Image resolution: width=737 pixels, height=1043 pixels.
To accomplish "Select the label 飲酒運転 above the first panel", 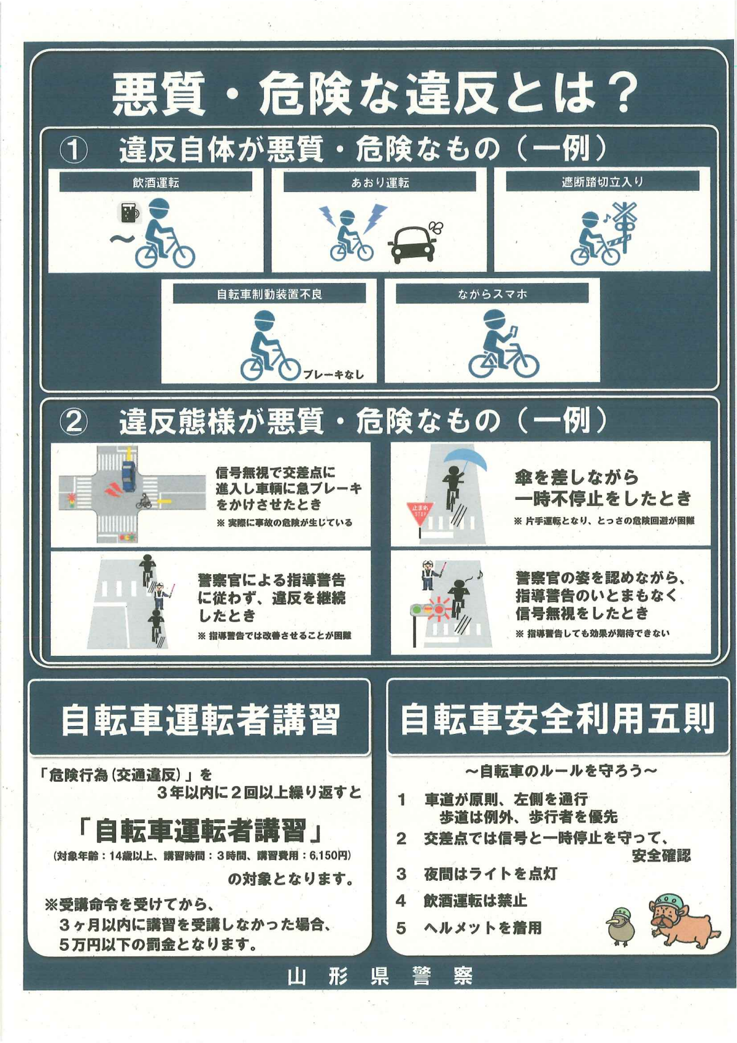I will [155, 183].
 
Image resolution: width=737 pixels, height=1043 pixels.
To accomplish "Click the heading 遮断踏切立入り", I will [602, 182].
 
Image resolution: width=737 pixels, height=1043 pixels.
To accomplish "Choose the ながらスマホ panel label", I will [492, 294].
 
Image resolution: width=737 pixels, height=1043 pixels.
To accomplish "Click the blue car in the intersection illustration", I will [129, 475].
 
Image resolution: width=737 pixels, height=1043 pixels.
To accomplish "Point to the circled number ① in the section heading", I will [74, 151].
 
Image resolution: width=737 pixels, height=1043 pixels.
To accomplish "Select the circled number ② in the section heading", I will [74, 422].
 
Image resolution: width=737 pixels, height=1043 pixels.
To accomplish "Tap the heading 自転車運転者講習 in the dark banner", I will [199, 720].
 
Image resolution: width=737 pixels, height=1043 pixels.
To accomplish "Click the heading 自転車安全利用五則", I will [557, 718].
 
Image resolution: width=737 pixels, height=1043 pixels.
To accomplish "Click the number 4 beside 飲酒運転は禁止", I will [401, 901].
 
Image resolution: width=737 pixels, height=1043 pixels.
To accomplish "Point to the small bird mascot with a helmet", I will [620, 927].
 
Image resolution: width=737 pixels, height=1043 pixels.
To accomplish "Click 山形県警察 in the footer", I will [380, 977].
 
